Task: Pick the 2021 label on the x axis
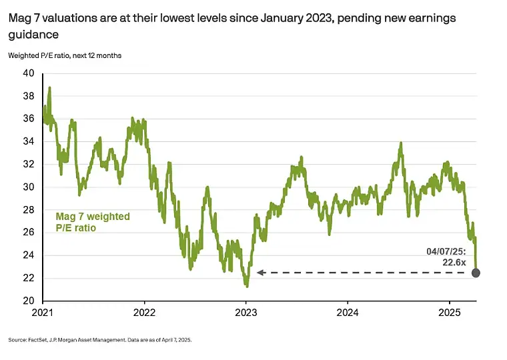[x=43, y=312]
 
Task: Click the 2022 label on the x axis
[x=145, y=312]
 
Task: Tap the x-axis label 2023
[x=246, y=312]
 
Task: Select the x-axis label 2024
[x=348, y=312]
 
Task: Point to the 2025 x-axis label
[x=450, y=312]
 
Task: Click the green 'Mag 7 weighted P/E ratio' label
[x=91, y=222]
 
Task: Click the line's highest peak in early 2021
[x=49, y=87]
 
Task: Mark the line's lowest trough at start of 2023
[x=247, y=286]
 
